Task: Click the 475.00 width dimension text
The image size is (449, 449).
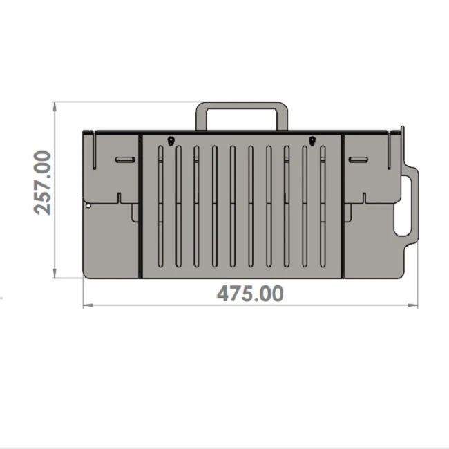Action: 250,294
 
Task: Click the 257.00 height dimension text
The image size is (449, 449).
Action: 43,182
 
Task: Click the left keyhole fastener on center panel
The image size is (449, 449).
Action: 171,141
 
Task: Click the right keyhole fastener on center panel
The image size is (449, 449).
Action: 312,141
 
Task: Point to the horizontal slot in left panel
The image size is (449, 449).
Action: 126,160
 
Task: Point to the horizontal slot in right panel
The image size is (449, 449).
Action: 359,160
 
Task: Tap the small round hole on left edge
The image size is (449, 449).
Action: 88,206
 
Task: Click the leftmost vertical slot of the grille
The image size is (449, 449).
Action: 161,207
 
